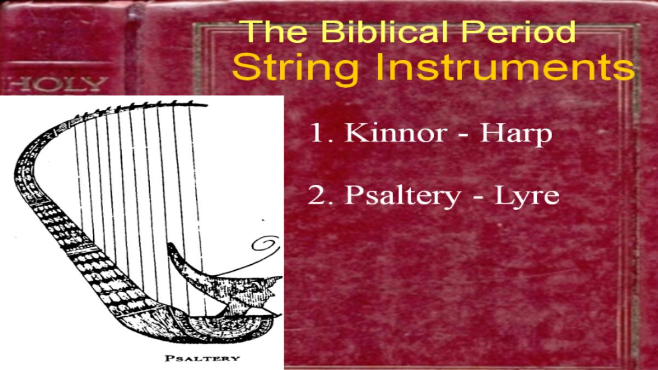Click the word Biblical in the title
385,32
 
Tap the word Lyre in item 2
527,196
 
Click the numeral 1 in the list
317,133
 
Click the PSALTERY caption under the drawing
202,358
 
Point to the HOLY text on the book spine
57,84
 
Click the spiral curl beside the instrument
266,244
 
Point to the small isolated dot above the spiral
263,220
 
